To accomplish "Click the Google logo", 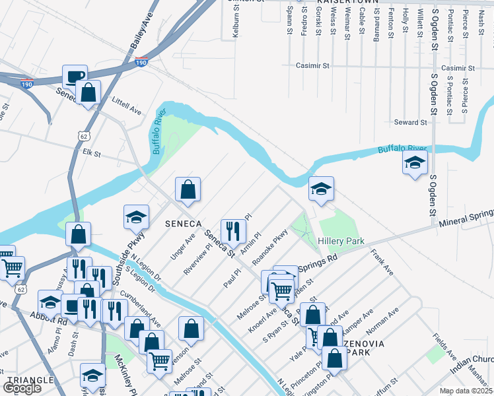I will click(x=22, y=388).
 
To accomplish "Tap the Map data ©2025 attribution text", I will click(x=466, y=391).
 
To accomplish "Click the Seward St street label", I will click(x=411, y=122).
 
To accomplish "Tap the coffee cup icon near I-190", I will click(x=75, y=75).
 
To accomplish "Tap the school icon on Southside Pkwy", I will click(x=136, y=216).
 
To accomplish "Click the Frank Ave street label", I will click(x=382, y=262).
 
